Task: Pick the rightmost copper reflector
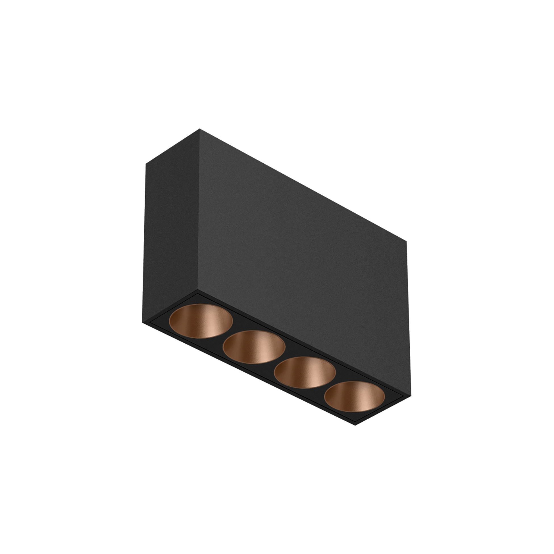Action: pos(355,397)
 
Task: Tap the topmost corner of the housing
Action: pos(199,129)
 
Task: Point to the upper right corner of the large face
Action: pos(406,233)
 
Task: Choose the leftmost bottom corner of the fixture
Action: pos(143,322)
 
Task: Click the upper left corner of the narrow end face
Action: pos(146,164)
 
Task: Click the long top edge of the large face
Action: pos(303,181)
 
